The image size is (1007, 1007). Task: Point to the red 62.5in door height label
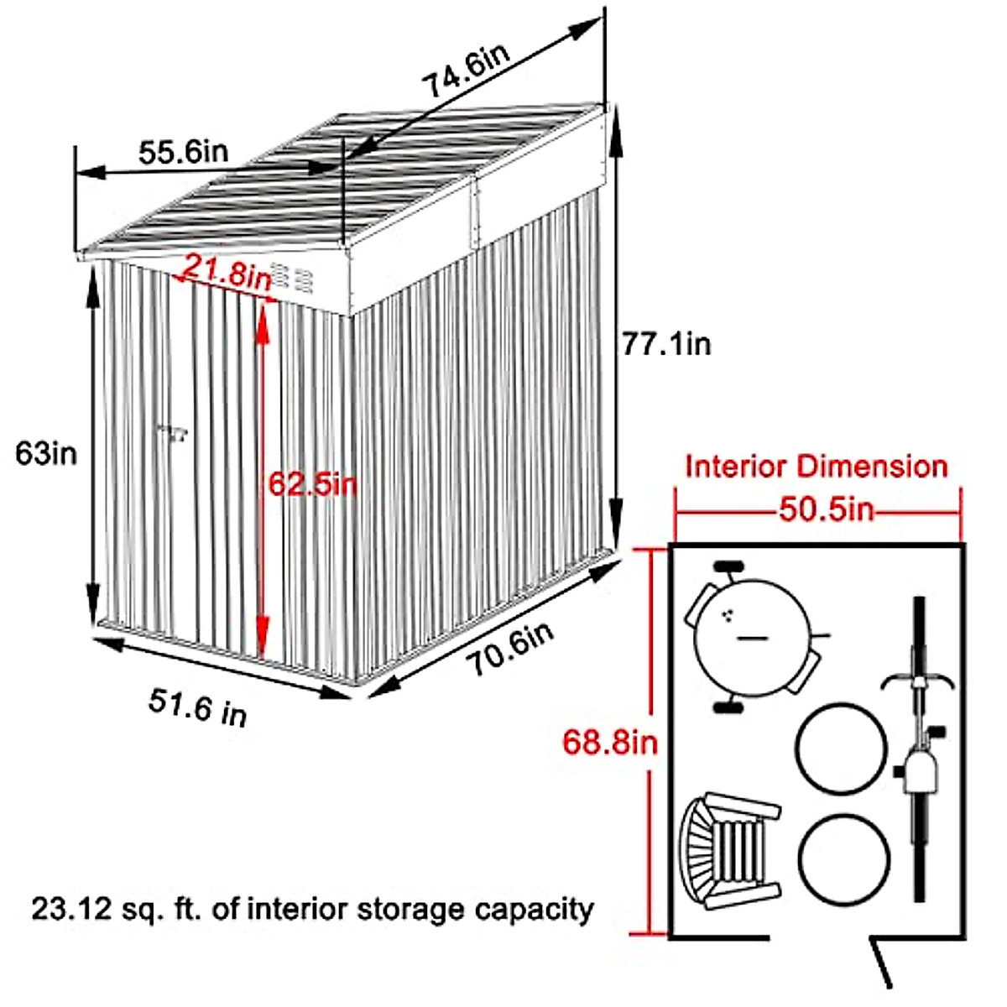(313, 484)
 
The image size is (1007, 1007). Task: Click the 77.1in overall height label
(666, 343)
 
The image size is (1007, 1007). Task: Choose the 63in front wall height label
(46, 453)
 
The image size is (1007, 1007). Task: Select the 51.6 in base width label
(198, 706)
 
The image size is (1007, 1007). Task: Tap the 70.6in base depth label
(510, 647)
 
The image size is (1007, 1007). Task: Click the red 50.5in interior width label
(826, 510)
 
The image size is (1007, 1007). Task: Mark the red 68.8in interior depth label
(610, 742)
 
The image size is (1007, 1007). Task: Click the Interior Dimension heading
(817, 466)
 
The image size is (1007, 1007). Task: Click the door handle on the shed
(174, 433)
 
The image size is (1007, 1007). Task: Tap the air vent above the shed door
(293, 278)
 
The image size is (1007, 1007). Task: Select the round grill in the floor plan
(753, 638)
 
